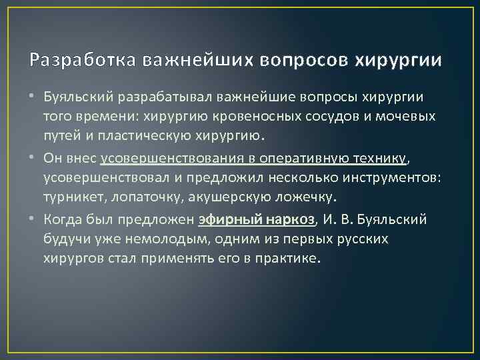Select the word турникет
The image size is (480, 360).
[x=73, y=198]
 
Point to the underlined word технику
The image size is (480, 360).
[x=375, y=158]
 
